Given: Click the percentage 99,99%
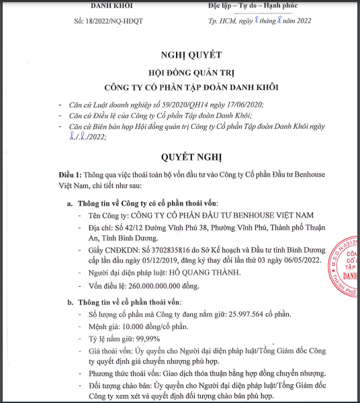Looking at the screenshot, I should click(148, 338).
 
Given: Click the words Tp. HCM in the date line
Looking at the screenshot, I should click(222, 21).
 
